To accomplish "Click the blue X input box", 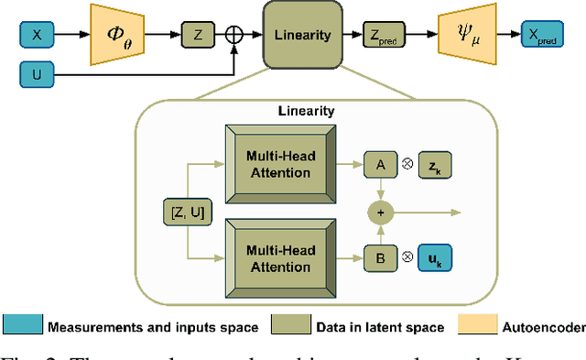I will (x=37, y=35).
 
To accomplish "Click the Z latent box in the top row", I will (x=196, y=35).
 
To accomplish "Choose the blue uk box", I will (x=435, y=259).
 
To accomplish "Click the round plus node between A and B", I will (x=378, y=212).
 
